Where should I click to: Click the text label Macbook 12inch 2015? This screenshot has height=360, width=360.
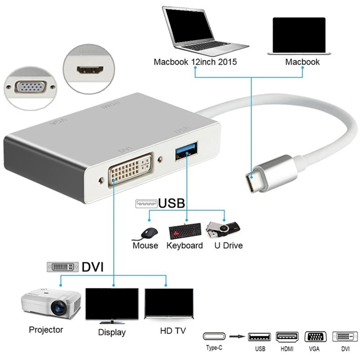pyautogui.click(x=195, y=62)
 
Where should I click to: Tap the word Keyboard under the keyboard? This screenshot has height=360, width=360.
pyautogui.click(x=184, y=246)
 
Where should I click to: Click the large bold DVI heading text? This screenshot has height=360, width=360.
pyautogui.click(x=93, y=267)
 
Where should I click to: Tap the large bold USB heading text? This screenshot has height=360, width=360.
pyautogui.click(x=171, y=203)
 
